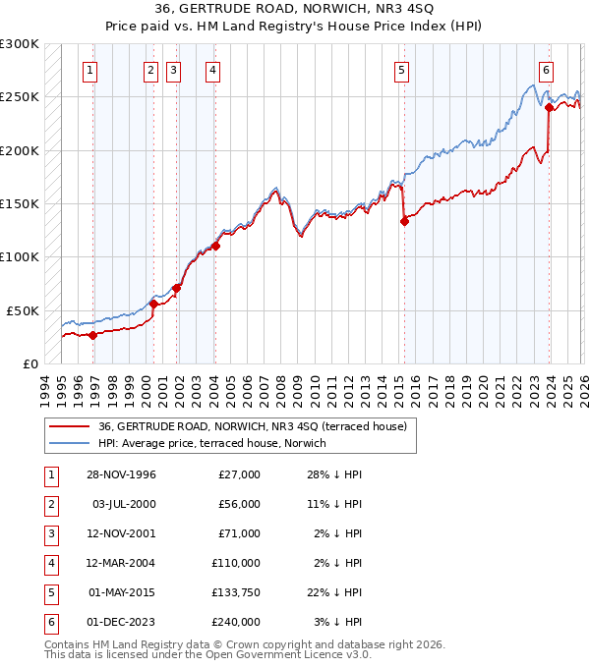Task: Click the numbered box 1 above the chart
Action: coord(89,70)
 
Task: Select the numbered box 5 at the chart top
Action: coord(402,70)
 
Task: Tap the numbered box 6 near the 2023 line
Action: coord(546,70)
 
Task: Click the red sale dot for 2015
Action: coord(404,222)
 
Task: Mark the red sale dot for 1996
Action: coord(93,335)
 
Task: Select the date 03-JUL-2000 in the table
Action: coord(123,504)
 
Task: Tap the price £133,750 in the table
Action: coord(235,592)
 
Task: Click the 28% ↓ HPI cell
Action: coord(334,474)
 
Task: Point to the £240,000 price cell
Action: coord(235,622)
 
